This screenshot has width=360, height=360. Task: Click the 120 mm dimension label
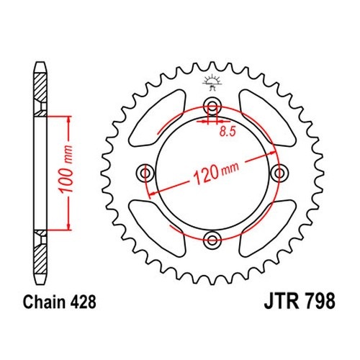[x=216, y=172]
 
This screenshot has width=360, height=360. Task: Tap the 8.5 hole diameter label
[x=228, y=132]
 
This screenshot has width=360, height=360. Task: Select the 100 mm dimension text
[x=66, y=169]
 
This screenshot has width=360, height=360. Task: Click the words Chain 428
[x=60, y=302]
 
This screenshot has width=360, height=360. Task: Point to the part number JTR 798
[x=300, y=301]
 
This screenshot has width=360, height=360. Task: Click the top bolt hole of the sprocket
[x=212, y=105]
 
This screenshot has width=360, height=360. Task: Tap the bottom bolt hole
[x=212, y=240]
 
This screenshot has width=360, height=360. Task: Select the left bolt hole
[x=145, y=173]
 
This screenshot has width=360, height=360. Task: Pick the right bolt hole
[x=279, y=173]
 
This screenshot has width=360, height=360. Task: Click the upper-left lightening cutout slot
[x=157, y=117]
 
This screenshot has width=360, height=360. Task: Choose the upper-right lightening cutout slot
[x=268, y=117]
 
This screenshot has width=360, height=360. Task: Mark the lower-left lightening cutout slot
[x=157, y=228]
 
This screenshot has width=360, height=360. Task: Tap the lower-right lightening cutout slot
[x=268, y=228]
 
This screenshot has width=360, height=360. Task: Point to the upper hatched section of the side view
[x=40, y=94]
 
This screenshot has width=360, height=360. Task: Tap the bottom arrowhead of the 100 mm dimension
[x=69, y=226]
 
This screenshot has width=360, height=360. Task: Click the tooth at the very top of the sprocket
[x=212, y=66]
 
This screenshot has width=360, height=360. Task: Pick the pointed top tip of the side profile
[x=40, y=63]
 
